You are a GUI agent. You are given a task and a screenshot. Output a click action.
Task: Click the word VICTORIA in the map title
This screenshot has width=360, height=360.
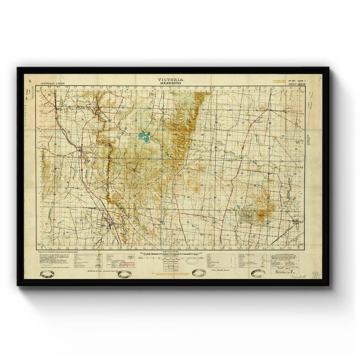point(170,79)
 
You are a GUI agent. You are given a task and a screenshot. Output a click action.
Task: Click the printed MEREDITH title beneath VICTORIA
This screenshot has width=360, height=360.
point(170,83)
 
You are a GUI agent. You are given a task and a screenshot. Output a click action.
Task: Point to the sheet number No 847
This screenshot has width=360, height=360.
point(292,81)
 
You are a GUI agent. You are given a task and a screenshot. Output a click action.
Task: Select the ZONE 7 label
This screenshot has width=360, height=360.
point(301,81)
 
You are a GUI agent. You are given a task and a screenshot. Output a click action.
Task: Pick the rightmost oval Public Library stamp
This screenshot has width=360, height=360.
point(258,273)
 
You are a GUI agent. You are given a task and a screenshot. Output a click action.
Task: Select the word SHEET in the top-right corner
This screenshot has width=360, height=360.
point(292,84)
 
